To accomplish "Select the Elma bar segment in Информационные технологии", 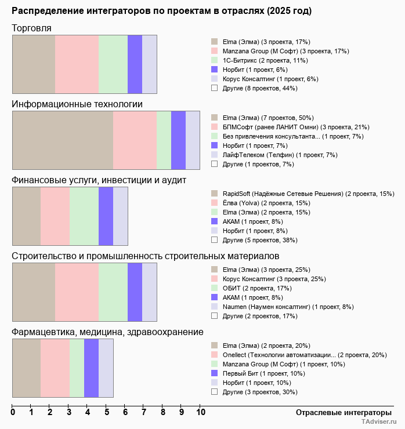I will coord(63,140).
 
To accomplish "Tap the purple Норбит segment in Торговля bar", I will coord(135,64).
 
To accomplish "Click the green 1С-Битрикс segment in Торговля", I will coord(113,64).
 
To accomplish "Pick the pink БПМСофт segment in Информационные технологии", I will coord(135,140).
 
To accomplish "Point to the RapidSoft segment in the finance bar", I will coord(26,216).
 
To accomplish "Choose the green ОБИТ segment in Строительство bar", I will coord(113,292).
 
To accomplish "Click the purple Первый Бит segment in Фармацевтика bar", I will coord(91,368).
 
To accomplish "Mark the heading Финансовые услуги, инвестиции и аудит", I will coord(99,180).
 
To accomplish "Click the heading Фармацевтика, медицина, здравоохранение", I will coord(107,332).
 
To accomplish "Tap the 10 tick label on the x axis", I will coord(200,412).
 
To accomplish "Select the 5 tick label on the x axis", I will coord(106,412).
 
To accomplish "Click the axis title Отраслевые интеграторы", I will coord(340,412).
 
